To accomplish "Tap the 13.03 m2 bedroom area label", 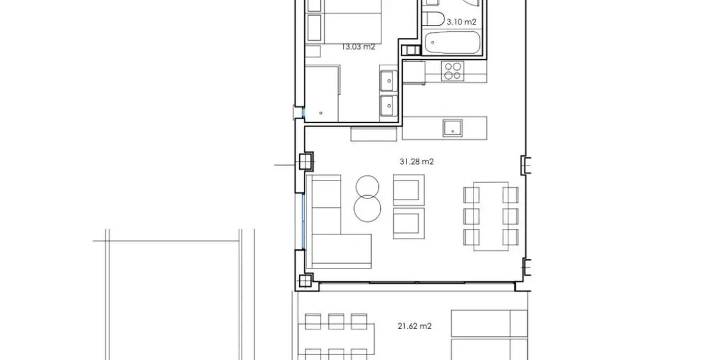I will tap(358, 46).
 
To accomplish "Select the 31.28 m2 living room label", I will tap(416, 162).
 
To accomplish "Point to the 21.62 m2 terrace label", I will tap(414, 326).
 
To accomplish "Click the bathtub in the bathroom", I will tap(452, 43).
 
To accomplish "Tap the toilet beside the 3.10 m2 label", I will tap(434, 17).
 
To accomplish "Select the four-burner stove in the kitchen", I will tap(452, 71).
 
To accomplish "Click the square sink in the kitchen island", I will tap(453, 127).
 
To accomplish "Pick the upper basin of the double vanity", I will tap(388, 80).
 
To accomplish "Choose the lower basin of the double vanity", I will tap(388, 105).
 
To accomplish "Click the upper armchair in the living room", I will tap(408, 189).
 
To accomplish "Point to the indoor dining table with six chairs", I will tap(491, 216).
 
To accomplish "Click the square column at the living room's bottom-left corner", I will tap(305, 281).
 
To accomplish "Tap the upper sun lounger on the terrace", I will tap(489, 323).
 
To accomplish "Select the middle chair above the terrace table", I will tap(335, 321).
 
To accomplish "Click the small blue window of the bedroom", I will tap(299, 112).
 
